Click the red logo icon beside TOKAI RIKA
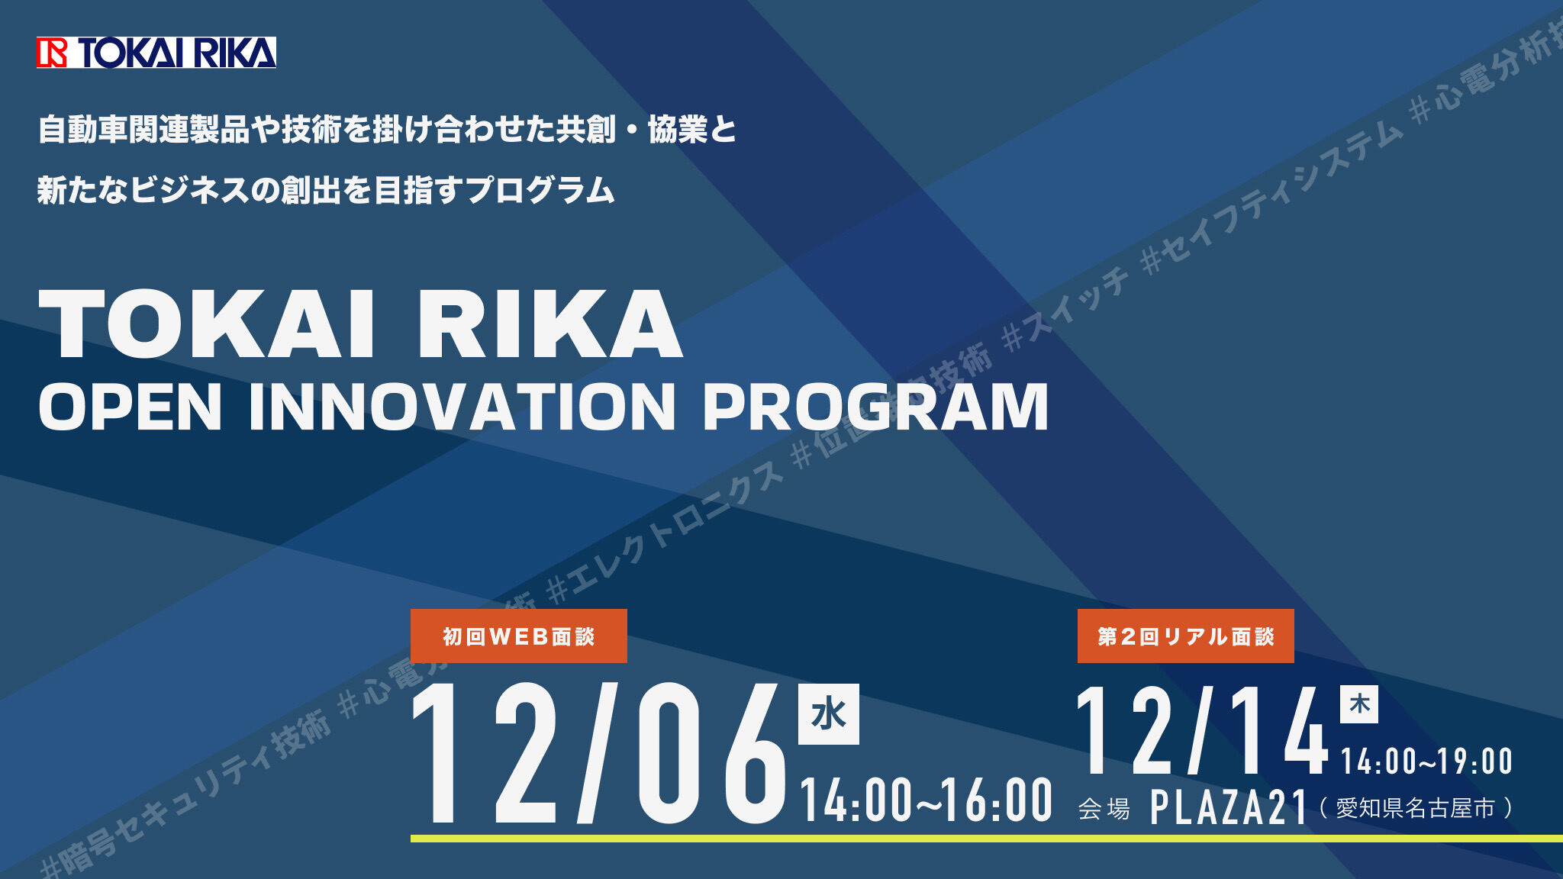coord(52,53)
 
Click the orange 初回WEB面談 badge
coord(518,636)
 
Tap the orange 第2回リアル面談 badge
coord(1185,636)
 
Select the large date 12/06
coord(599,754)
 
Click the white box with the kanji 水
coord(828,714)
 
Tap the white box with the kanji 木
coord(1358,704)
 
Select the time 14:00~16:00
coord(926,800)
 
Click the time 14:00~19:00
coord(1426,761)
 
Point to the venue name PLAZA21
coord(1229,807)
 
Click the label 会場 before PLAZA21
coord(1104,808)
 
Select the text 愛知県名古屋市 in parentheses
coord(1415,807)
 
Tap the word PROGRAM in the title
coord(875,407)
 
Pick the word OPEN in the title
coord(131,407)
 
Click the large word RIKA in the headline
coord(549,324)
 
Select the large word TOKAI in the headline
coord(207,324)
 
